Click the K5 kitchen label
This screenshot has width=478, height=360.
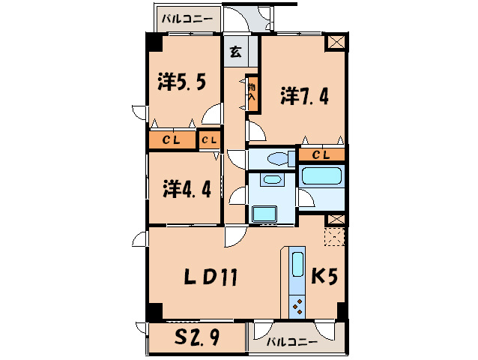pyautogui.click(x=325, y=277)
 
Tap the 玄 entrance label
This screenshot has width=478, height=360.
pyautogui.click(x=235, y=52)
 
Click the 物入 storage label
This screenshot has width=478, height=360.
pyautogui.click(x=252, y=93)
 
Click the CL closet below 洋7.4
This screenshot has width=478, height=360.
pyautogui.click(x=321, y=155)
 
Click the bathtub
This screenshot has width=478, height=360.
pyautogui.click(x=321, y=178)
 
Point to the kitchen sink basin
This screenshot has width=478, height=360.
pyautogui.click(x=297, y=267)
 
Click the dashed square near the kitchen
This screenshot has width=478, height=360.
pyautogui.click(x=335, y=238)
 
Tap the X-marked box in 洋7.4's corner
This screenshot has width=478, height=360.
pyautogui.click(x=336, y=43)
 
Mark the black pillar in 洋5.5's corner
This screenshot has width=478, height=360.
pyautogui.click(x=154, y=43)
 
